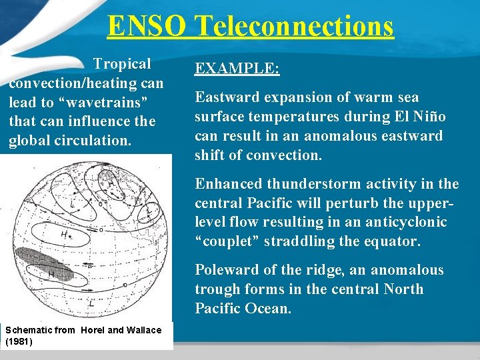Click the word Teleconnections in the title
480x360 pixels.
294,27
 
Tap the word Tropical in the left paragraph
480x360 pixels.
122,64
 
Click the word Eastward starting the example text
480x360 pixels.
227,97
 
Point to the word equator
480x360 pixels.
391,241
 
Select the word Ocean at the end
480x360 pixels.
267,309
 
